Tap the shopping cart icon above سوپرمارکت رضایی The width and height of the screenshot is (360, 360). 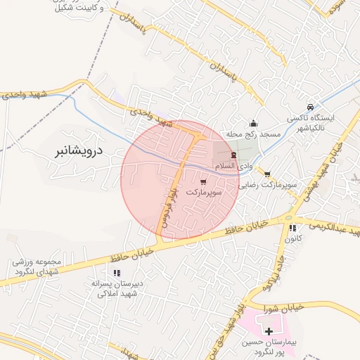pyautogui.click(x=267, y=174)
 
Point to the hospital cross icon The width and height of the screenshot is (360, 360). pyautogui.click(x=269, y=330)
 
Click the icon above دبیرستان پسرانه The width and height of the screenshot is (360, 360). pyautogui.click(x=118, y=274)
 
